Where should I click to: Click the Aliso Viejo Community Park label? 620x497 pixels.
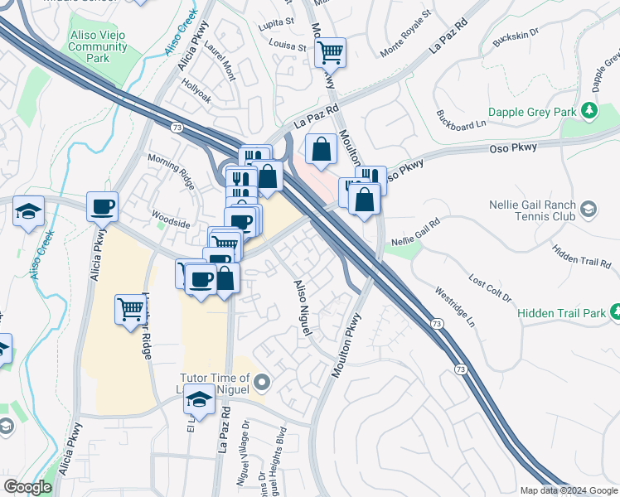[98, 47]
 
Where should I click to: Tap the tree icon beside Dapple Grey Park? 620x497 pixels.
[589, 109]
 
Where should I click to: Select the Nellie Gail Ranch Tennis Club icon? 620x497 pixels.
[589, 208]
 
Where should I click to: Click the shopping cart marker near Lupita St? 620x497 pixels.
[330, 53]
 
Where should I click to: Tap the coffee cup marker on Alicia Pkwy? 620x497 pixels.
[102, 206]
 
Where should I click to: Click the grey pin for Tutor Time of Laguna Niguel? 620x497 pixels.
[262, 382]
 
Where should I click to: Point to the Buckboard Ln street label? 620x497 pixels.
[461, 120]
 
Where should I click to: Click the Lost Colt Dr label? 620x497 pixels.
[491, 288]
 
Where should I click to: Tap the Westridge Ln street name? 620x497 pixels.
[456, 305]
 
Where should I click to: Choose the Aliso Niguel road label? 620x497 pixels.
[300, 306]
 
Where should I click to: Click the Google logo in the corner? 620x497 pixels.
[27, 487]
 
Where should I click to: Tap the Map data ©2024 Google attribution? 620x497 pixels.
[568, 490]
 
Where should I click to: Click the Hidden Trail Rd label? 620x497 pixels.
[580, 255]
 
